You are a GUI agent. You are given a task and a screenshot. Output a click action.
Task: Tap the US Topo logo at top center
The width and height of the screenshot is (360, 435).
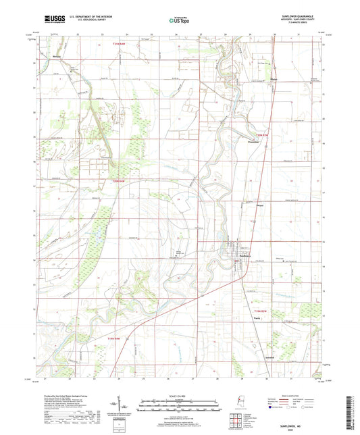pos(179,21)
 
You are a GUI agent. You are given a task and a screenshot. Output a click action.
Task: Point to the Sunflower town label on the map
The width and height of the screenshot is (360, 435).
pos(242,256)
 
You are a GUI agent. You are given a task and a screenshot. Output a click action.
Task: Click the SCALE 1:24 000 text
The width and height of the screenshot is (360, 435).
pos(179,396)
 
